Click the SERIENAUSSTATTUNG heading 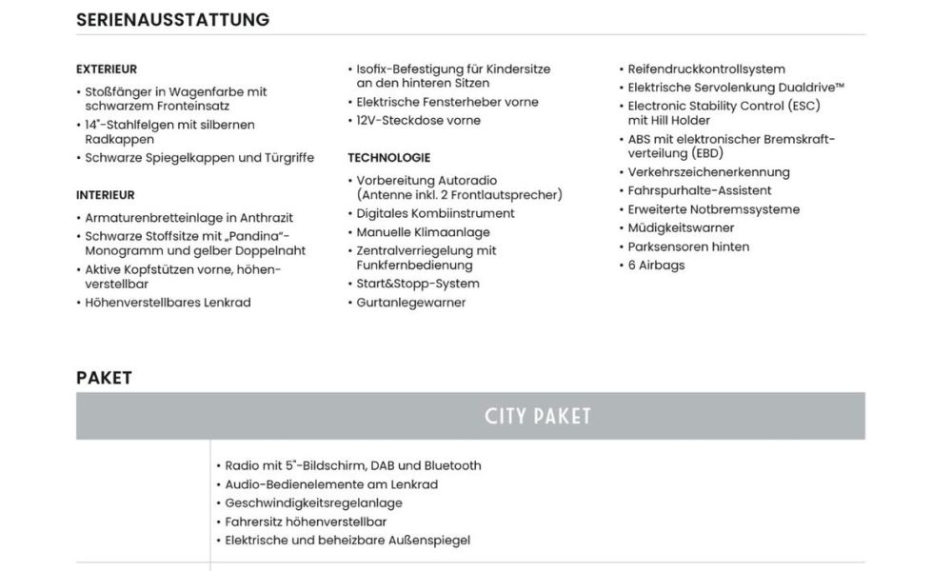172,20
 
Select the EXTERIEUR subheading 107,69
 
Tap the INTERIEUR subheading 105,195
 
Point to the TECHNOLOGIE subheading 388,158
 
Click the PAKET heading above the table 104,378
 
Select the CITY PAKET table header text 538,417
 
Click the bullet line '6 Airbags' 656,266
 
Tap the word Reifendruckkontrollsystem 706,69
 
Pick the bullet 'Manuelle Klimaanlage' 424,232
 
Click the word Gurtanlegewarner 411,303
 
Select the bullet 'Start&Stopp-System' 418,284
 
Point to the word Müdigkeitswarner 681,228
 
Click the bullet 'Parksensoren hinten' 688,246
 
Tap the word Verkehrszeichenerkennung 708,172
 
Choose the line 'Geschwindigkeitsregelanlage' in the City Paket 313,503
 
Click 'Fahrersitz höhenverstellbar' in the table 306,522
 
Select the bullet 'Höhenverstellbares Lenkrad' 168,303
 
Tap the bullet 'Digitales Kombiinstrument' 435,214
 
